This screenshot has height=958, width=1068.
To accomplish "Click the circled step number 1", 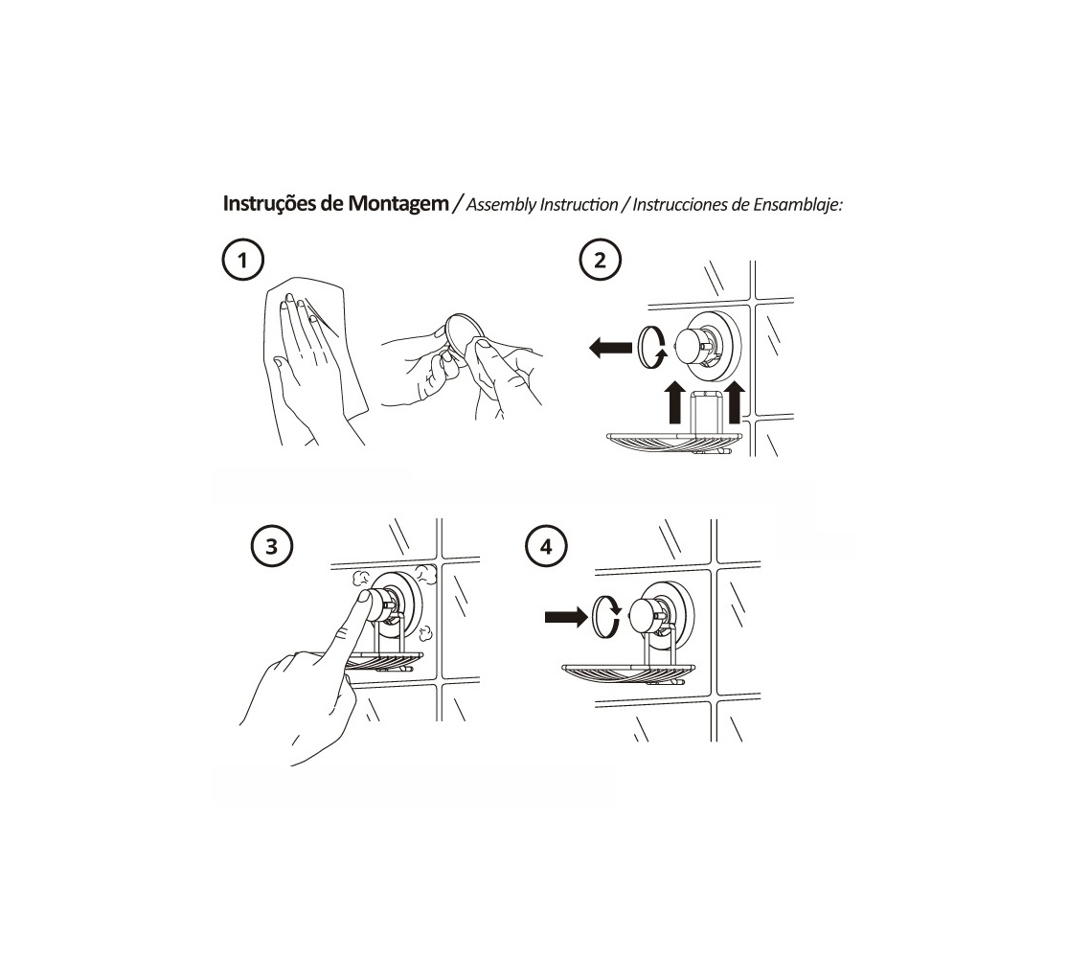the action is [242, 260].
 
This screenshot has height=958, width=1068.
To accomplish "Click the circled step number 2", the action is [600, 260].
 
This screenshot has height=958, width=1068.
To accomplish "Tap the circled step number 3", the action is [272, 546].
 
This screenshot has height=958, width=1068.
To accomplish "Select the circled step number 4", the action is [546, 546].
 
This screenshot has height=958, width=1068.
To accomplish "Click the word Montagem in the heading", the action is [398, 204].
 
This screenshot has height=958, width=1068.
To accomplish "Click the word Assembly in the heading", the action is [501, 204].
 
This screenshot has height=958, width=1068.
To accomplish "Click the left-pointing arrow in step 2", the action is [610, 348].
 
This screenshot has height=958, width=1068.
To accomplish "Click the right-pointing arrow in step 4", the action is [566, 617].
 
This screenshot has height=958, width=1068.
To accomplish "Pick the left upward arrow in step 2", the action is [674, 402].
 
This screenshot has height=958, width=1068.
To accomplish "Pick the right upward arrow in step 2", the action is [734, 402].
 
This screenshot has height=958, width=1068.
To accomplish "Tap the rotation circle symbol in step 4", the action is [605, 617].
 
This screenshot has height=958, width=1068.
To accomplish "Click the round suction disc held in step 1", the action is [462, 339].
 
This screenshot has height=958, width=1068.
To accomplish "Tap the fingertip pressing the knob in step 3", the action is [364, 601].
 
